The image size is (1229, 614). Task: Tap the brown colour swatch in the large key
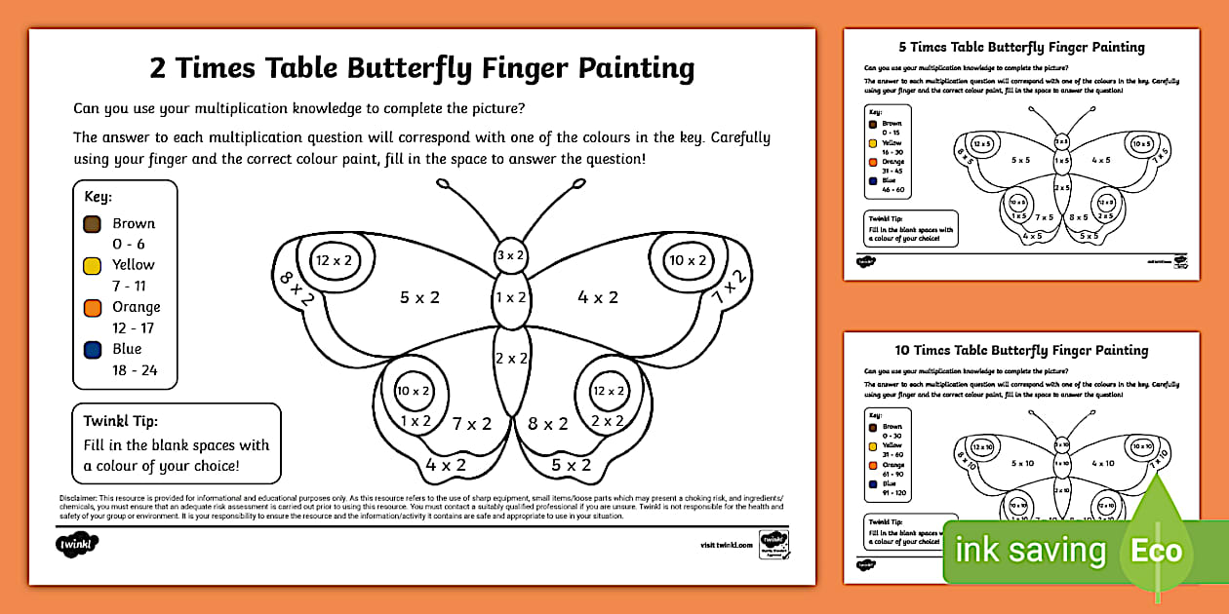point(93,224)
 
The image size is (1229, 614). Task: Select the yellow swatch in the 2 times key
point(93,265)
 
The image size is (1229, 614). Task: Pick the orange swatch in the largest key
point(93,307)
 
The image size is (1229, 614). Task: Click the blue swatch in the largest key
point(93,349)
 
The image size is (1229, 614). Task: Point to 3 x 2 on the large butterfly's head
point(511,255)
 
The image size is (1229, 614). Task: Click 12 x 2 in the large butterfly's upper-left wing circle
point(333,260)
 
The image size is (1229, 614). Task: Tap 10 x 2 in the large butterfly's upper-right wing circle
point(688,260)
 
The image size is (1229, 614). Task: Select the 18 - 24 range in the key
point(134,369)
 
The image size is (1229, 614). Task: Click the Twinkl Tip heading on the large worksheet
point(120,421)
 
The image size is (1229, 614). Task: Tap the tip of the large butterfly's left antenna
point(443,182)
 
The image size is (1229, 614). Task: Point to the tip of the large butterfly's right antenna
point(578,182)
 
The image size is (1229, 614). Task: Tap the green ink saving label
point(1030,552)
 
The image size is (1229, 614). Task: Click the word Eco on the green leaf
point(1156,551)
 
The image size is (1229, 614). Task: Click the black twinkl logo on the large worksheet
point(76,543)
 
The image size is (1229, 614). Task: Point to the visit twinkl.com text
point(726,545)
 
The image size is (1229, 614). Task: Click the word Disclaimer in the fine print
point(84,498)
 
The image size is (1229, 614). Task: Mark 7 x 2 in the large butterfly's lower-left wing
point(471,424)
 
